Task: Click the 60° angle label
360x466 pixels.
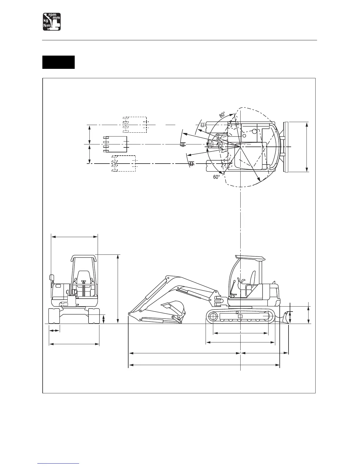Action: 217,177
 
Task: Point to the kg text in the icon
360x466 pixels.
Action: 46,21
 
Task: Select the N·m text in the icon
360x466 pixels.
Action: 47,26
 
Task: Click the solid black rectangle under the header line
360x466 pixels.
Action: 58,62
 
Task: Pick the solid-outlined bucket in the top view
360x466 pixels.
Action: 115,144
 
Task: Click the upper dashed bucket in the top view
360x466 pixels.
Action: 135,124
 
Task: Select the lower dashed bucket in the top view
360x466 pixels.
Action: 124,164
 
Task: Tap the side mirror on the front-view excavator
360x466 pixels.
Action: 52,277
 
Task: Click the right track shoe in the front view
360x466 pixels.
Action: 94,316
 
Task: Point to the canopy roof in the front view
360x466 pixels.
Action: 84,257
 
